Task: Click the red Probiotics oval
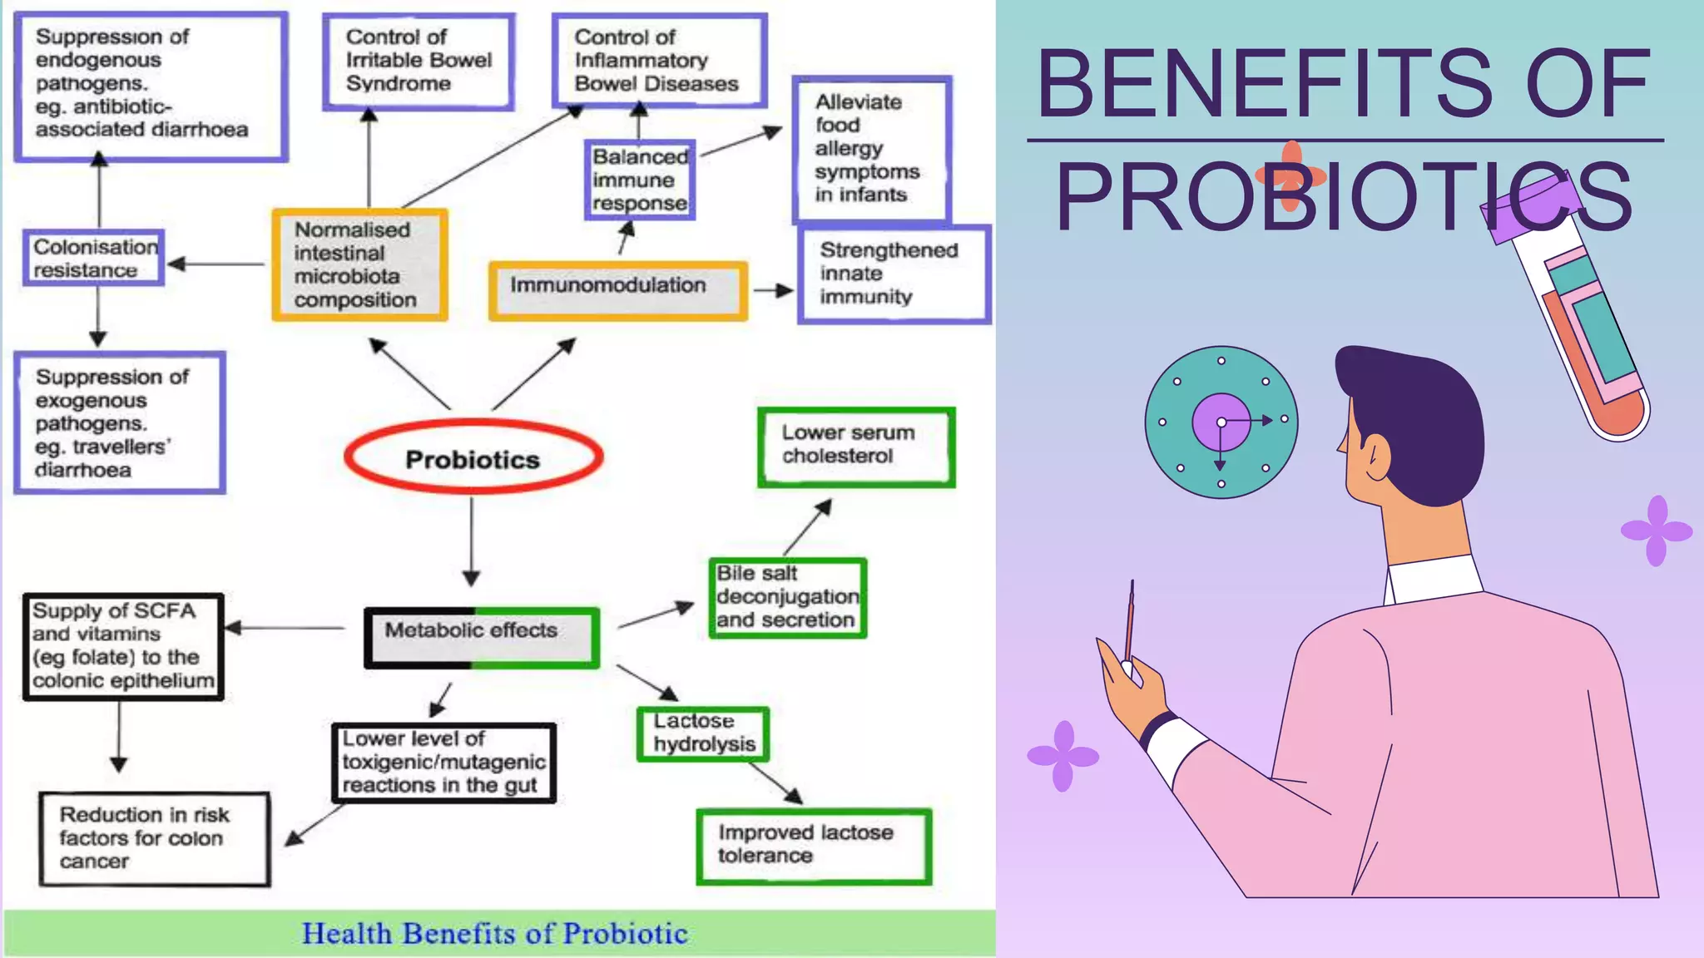473,458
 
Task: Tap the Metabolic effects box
481,638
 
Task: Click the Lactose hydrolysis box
703,733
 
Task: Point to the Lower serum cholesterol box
855,447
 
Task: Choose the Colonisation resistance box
94,258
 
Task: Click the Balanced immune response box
639,180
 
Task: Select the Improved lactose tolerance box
813,846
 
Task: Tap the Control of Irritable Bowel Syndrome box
419,62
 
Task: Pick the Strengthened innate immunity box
894,274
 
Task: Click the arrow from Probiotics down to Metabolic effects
472,541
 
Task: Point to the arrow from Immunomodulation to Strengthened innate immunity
773,291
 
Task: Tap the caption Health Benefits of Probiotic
495,933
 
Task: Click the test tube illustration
1573,316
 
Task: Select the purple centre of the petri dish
1221,422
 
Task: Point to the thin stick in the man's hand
1130,624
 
